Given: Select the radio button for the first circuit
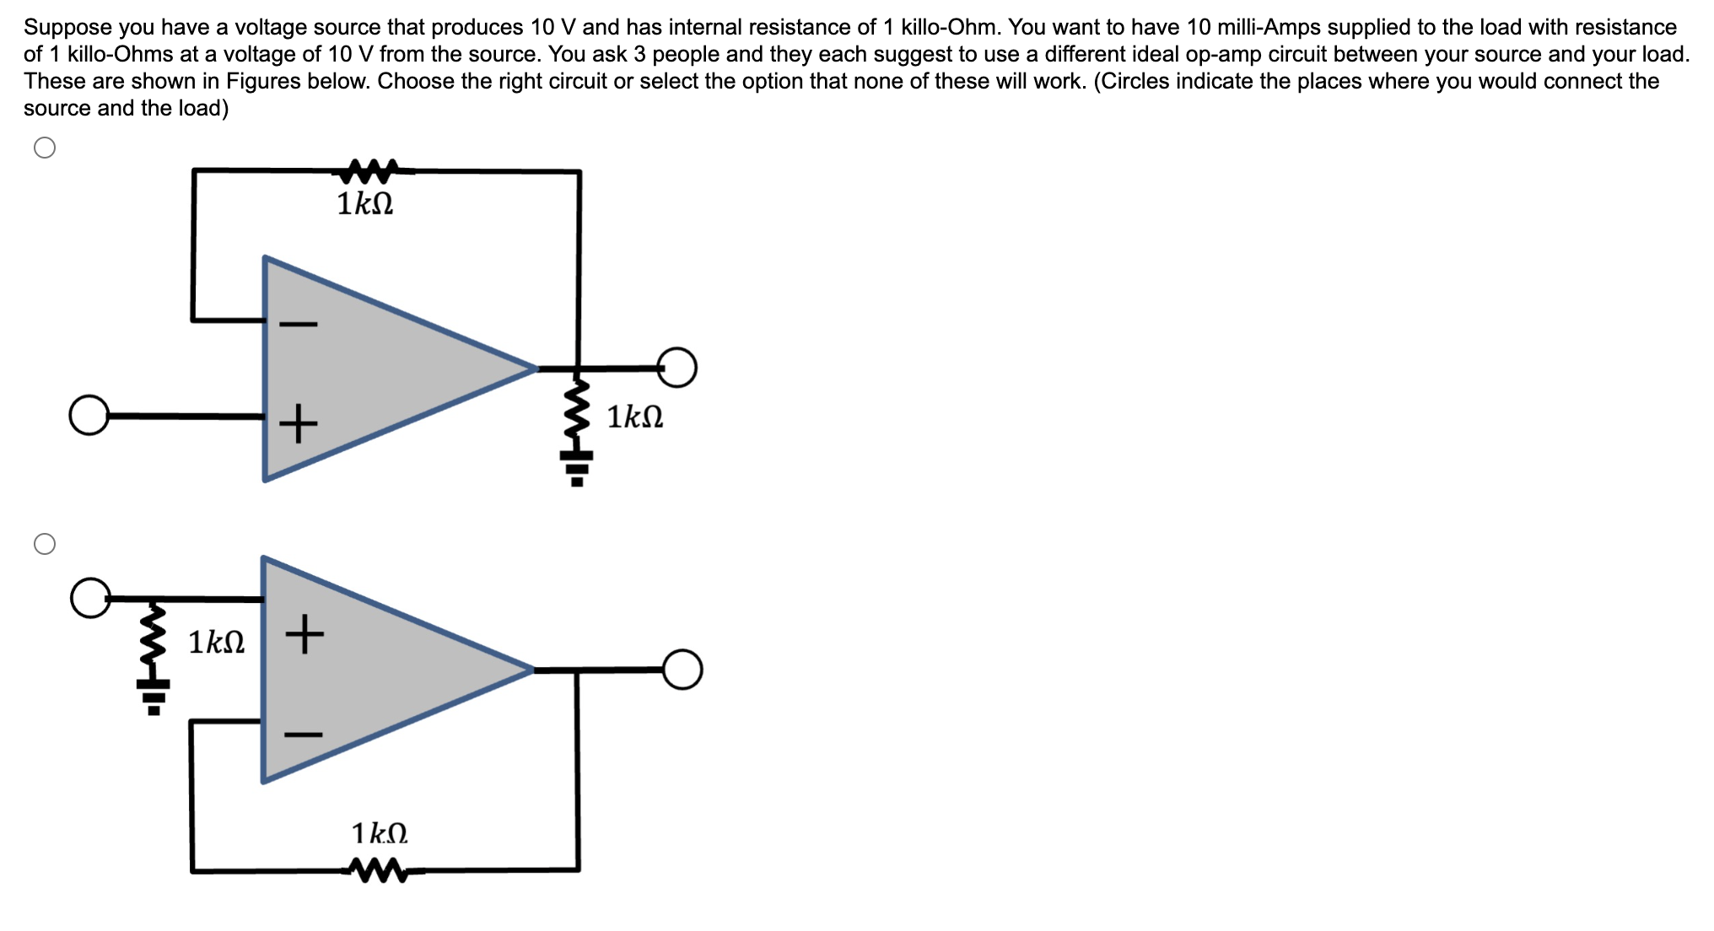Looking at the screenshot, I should pyautogui.click(x=45, y=148).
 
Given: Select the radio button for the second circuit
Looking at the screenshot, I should pyautogui.click(x=45, y=544).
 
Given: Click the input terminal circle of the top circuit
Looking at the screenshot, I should pyautogui.click(x=89, y=415).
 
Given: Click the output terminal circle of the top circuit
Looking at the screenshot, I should pyautogui.click(x=677, y=368).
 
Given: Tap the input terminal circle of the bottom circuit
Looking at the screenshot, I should pyautogui.click(x=90, y=598).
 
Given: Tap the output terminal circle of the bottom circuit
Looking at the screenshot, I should pyautogui.click(x=682, y=670).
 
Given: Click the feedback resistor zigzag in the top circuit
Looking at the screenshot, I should pyautogui.click(x=365, y=170).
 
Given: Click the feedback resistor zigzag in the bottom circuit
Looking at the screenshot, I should pyautogui.click(x=379, y=870).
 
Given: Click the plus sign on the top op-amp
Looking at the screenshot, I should pyautogui.click(x=299, y=422).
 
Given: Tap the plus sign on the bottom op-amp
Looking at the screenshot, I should pyautogui.click(x=304, y=633).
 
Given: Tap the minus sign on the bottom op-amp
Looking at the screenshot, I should pyautogui.click(x=303, y=735).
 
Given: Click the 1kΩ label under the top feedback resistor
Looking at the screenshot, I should pyautogui.click(x=365, y=204).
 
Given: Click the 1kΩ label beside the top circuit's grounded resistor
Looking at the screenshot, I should pyautogui.click(x=635, y=417).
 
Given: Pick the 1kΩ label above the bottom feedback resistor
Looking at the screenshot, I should pyautogui.click(x=380, y=833).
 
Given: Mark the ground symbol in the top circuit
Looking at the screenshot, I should pyautogui.click(x=577, y=467).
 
